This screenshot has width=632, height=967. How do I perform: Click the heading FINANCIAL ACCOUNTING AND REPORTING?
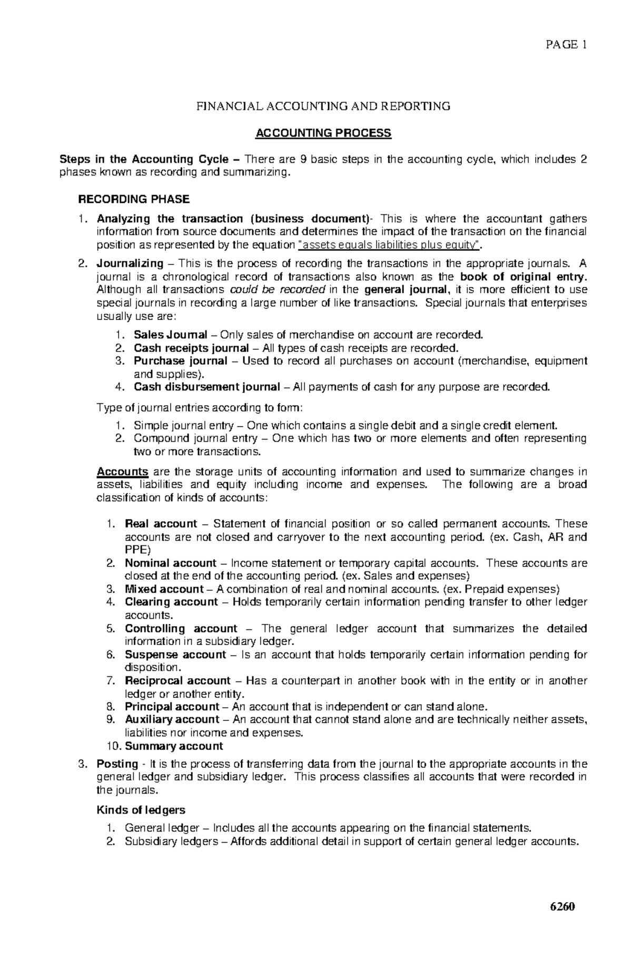point(323,106)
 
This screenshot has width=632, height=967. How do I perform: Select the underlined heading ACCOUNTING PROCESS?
point(323,133)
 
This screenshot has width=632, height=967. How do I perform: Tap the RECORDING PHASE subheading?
point(133,199)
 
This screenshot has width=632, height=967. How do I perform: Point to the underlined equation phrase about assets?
point(389,245)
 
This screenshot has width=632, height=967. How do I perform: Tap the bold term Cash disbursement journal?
point(206,387)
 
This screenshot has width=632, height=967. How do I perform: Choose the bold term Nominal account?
point(170,563)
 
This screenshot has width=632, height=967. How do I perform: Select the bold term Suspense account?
point(175,655)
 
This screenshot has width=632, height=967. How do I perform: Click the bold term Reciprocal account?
point(177,681)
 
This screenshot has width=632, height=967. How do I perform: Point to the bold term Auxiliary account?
point(172,720)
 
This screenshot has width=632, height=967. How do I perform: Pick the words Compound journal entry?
point(194,438)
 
